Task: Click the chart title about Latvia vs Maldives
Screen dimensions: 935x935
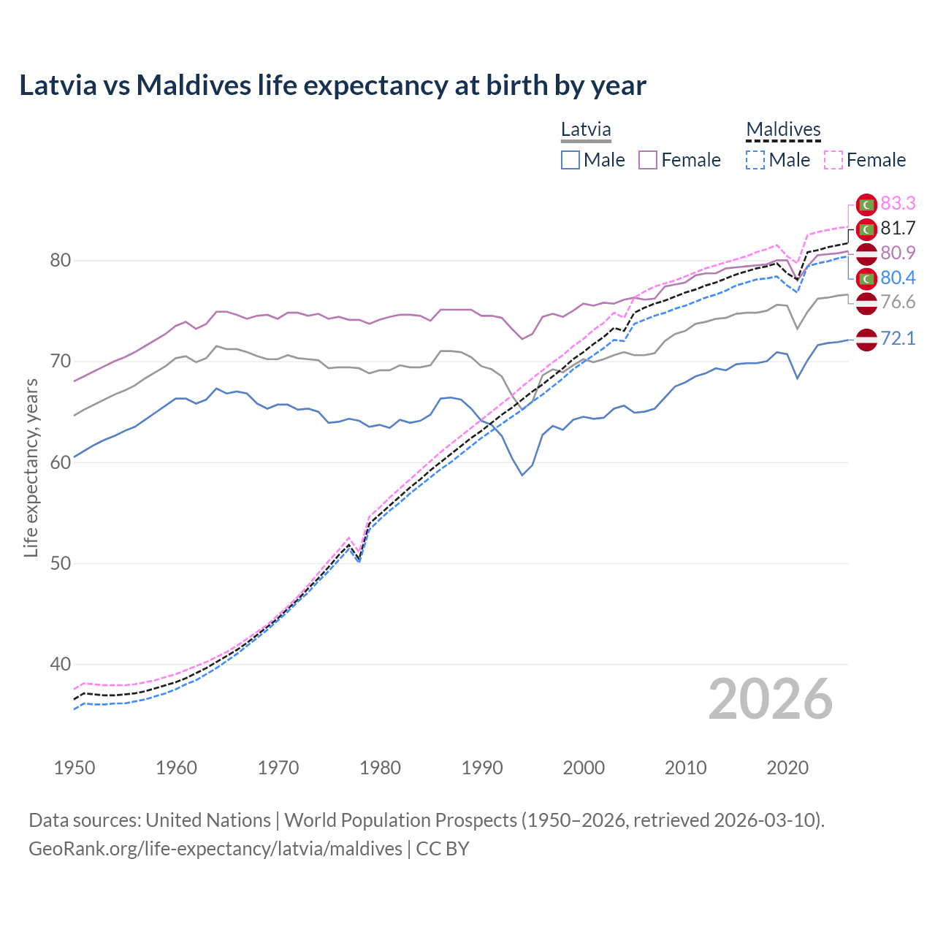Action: coord(332,85)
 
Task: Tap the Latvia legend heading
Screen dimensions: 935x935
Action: coord(586,130)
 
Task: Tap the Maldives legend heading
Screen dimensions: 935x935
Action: coord(783,130)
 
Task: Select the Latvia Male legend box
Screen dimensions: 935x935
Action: coord(570,160)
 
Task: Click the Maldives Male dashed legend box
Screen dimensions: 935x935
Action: coord(755,160)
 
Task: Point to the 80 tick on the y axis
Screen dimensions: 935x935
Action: coord(60,260)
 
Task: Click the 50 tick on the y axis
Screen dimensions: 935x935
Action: coord(60,563)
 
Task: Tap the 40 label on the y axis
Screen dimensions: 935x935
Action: coord(60,664)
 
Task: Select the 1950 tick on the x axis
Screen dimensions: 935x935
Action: coord(75,768)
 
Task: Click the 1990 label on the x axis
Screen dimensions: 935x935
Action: coord(481,768)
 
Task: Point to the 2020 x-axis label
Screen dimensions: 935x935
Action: coord(787,768)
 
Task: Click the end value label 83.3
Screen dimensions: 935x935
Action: coord(898,203)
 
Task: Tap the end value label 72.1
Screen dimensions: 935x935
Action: coord(898,338)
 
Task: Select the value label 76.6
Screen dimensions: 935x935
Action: coord(898,302)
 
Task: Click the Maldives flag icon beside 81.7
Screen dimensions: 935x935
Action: coord(866,229)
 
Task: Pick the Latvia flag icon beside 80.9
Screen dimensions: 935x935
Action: coord(866,254)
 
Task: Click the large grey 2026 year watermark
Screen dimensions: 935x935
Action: coord(770,699)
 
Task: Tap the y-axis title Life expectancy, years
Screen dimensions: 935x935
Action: coord(31,467)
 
